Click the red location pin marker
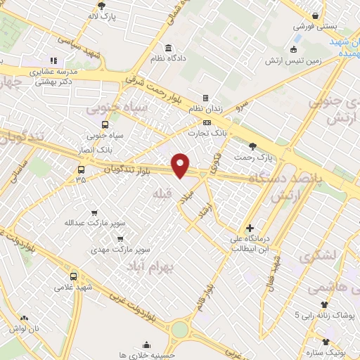coord(181,165)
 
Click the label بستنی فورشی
coord(316,26)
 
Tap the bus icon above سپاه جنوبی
coord(105,124)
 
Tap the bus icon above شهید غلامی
coord(74,276)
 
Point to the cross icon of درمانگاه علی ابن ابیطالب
coord(250,228)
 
